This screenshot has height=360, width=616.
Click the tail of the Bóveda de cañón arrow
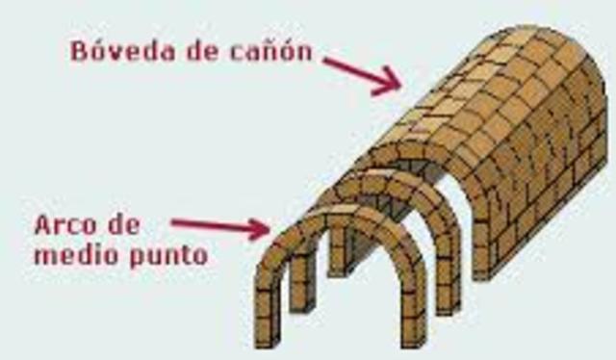[x=327, y=60]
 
